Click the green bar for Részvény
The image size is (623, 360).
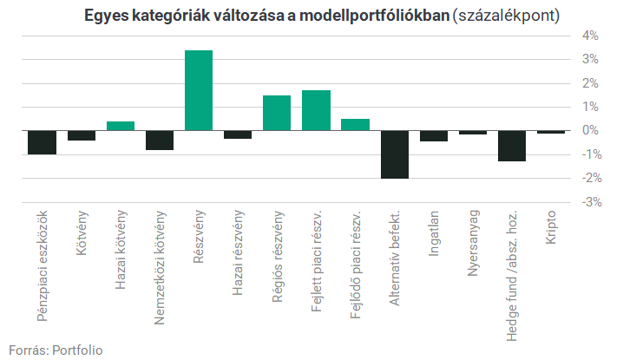[x=199, y=90]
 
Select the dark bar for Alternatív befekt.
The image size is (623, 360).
[x=394, y=154]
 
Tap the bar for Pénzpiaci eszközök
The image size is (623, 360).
[x=43, y=142]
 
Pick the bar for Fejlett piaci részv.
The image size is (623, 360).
[x=316, y=110]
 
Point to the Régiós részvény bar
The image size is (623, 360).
[x=277, y=113]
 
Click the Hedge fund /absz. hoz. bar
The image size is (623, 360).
[x=511, y=146]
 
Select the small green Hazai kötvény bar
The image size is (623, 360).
[x=121, y=126]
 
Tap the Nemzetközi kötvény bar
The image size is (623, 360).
[x=160, y=140]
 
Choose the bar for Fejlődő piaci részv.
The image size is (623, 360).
[x=355, y=124]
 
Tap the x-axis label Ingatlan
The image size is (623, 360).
[x=434, y=235]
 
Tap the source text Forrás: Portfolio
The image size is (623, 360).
[x=56, y=349]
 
